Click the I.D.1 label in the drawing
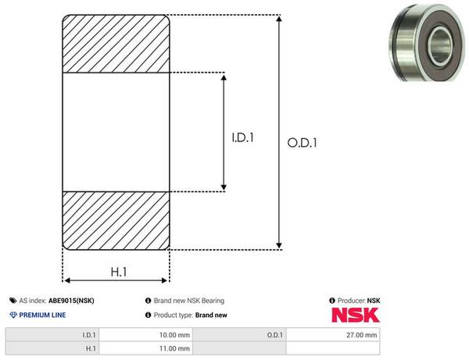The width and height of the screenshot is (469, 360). (x=242, y=137)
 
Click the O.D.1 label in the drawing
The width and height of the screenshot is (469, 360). (x=302, y=143)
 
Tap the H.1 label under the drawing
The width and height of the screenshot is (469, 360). (x=119, y=272)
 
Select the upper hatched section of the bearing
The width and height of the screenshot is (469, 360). (x=116, y=44)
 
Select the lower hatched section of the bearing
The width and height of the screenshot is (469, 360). (x=116, y=220)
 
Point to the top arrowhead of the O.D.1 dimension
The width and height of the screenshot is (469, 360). (x=279, y=19)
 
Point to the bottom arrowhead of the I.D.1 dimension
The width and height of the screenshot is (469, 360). (x=224, y=187)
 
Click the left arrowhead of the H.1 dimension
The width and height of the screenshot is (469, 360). (x=67, y=280)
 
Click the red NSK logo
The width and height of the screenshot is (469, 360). (x=356, y=315)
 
